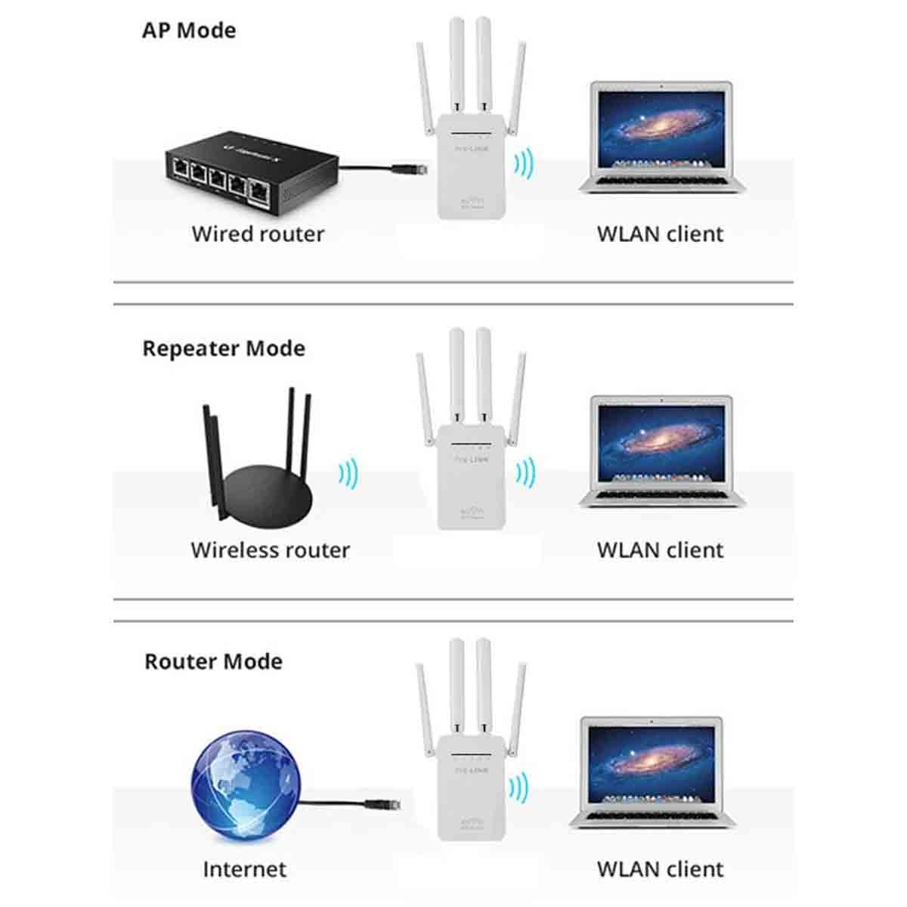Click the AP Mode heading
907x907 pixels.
point(189,31)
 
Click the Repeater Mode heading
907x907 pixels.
point(224,349)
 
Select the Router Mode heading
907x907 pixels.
point(213,662)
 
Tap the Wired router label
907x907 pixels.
point(258,234)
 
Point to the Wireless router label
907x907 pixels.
point(270,550)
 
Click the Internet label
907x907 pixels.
point(244,869)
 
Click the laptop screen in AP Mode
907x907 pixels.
point(661,125)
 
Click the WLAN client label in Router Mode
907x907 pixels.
point(660,869)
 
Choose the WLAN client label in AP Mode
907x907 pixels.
point(660,234)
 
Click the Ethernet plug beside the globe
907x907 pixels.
point(382,805)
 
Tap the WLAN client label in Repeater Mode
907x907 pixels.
point(660,550)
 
